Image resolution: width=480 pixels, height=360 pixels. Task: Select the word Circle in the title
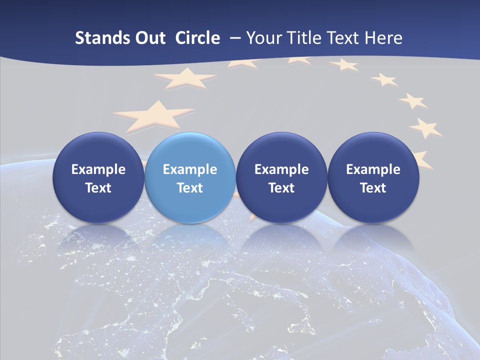[x=197, y=38]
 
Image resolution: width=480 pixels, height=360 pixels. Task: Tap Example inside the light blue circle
[x=190, y=169]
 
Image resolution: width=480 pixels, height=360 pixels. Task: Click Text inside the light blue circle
[x=190, y=188]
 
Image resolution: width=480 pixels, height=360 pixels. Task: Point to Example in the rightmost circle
[x=373, y=169]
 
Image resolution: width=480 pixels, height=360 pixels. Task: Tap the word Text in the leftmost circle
[x=98, y=188]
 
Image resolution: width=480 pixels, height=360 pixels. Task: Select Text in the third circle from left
[x=281, y=188]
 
